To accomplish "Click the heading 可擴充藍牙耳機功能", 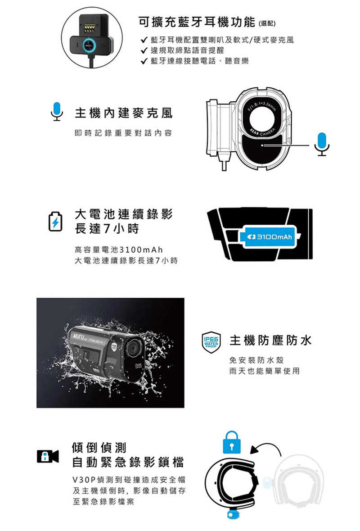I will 198,22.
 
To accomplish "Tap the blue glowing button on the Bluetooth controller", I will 89,46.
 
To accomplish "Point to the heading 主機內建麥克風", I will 123,113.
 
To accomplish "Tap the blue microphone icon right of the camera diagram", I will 322,144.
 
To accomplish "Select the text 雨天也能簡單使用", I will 264,371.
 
